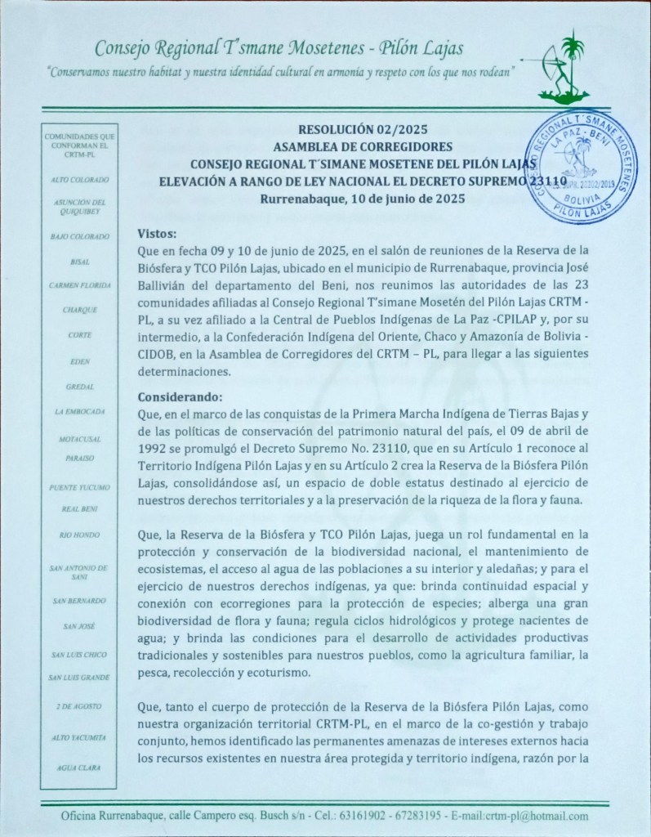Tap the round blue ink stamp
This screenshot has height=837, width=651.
tap(582, 167)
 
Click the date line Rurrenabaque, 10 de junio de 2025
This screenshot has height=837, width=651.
tap(363, 198)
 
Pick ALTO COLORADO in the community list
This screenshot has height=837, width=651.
tap(79, 178)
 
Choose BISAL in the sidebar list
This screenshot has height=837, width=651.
tap(79, 262)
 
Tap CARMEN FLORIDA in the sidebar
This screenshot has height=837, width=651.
tap(79, 285)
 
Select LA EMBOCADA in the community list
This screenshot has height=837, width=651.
tap(79, 411)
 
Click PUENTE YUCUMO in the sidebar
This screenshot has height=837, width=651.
tap(79, 487)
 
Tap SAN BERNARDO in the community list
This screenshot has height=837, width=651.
tap(79, 601)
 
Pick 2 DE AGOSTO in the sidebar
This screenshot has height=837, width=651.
tap(79, 705)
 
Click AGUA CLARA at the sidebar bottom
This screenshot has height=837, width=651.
tap(79, 767)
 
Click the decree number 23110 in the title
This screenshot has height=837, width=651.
tap(543, 181)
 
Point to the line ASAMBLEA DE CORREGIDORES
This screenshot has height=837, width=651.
tap(363, 147)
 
